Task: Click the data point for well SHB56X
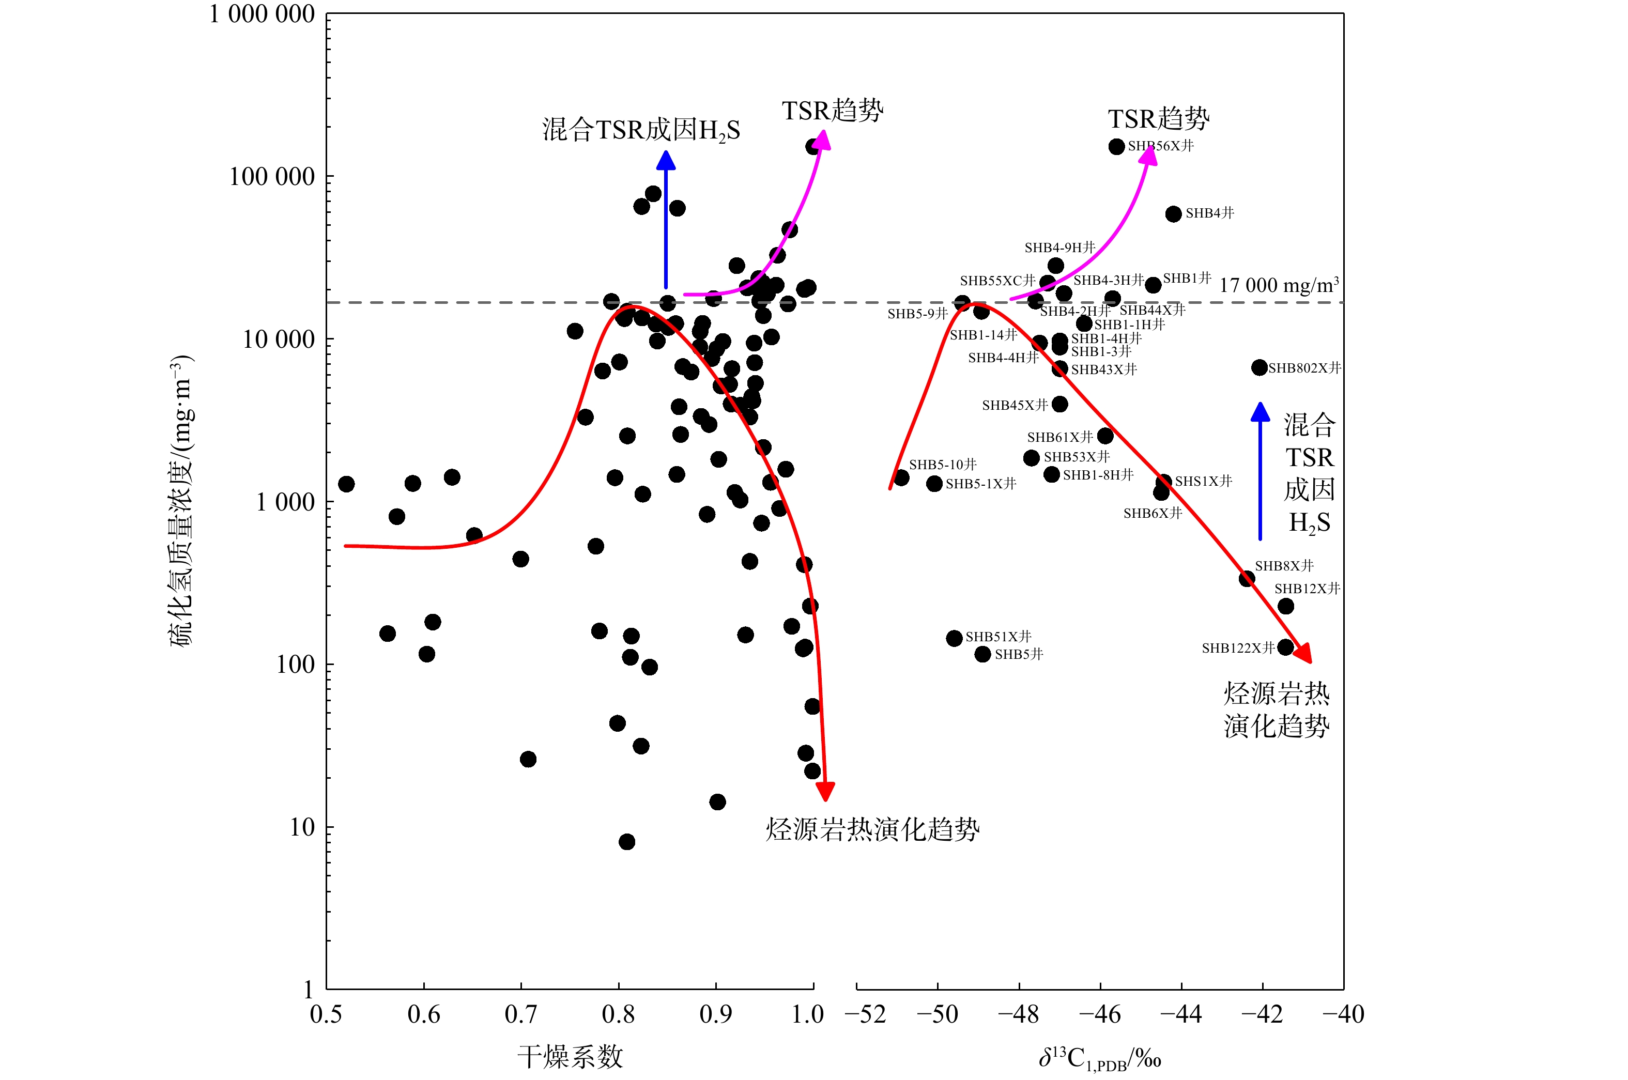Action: [x=1116, y=147]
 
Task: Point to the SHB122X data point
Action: [x=1285, y=647]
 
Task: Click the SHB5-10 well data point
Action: [x=901, y=478]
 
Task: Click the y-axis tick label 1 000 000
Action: [x=262, y=14]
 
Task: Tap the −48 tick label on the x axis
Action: [x=1019, y=1014]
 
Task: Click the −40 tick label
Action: [x=1343, y=1014]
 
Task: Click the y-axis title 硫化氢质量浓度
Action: [x=182, y=501]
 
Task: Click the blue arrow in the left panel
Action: [x=665, y=221]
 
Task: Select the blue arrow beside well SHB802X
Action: [x=1260, y=472]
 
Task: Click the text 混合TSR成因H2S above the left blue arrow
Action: [x=640, y=130]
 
